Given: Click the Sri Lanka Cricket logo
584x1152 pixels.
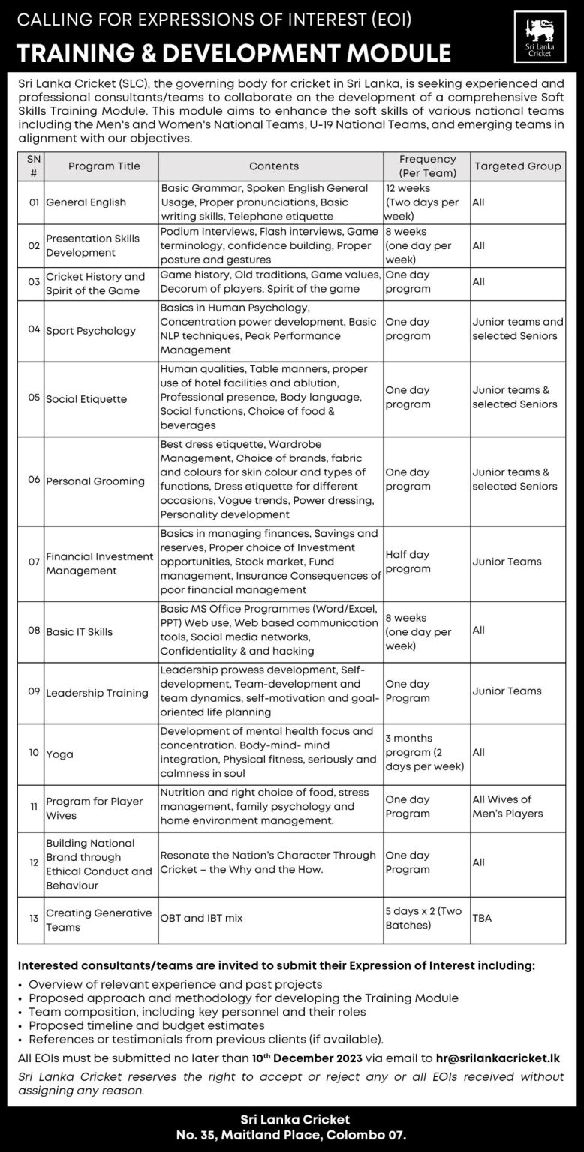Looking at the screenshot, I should [540, 37].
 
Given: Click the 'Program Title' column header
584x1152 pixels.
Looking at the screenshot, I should [104, 166].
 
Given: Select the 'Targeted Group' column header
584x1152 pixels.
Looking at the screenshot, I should [518, 166].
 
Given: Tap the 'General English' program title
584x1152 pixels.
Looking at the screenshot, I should [86, 202].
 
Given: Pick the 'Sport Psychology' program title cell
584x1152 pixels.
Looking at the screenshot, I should [91, 331].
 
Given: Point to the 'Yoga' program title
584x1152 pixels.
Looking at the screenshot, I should [59, 754].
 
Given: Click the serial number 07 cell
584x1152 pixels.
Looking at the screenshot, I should [34, 561].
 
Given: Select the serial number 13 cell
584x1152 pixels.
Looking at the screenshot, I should [34, 918].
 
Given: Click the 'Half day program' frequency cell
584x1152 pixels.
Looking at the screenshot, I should [408, 562].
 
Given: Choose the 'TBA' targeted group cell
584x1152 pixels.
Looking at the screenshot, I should [482, 918].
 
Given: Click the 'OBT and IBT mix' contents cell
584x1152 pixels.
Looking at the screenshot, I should [201, 918].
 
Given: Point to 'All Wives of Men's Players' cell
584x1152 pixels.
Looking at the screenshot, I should [507, 806].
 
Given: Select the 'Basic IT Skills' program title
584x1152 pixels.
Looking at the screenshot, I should [79, 632].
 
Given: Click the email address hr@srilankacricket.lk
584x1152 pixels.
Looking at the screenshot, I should [498, 1058].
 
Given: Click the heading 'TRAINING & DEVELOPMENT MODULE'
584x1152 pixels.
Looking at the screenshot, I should [233, 53].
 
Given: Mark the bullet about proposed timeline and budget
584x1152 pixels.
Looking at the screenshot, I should [146, 1025].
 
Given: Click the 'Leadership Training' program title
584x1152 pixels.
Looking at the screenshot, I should [97, 693].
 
